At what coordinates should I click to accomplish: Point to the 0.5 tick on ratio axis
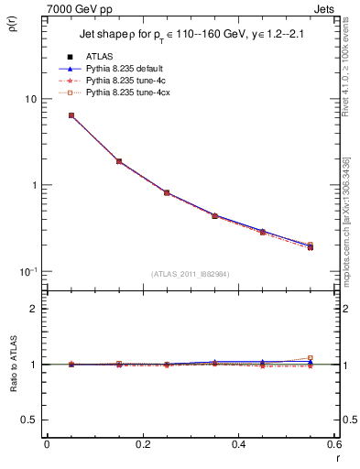pyautogui.click(x=30, y=420)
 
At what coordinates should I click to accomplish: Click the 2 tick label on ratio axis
pyautogui.click(x=33, y=309)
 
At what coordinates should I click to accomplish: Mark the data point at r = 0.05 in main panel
pyautogui.click(x=71, y=115)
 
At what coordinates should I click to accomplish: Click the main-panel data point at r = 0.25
pyautogui.click(x=167, y=192)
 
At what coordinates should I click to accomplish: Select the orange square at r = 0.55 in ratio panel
pyautogui.click(x=310, y=358)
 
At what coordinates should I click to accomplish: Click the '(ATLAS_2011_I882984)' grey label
pyautogui.click(x=191, y=273)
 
